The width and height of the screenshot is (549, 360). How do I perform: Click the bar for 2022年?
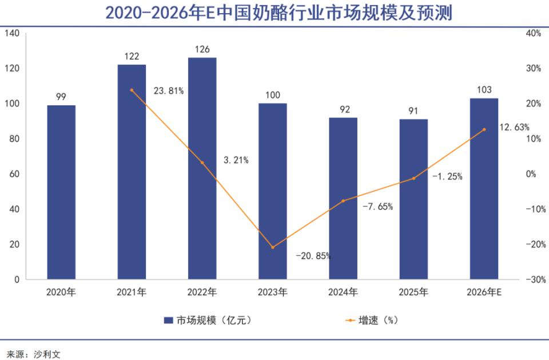(202, 168)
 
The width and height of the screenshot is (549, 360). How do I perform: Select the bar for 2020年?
(61, 192)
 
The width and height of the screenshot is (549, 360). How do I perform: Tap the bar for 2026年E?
(484, 189)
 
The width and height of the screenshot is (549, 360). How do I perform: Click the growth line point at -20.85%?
(273, 247)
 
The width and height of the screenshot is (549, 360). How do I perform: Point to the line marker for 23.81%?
(132, 90)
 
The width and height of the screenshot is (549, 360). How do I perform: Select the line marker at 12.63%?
(484, 129)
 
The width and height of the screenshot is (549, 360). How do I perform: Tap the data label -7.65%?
(377, 207)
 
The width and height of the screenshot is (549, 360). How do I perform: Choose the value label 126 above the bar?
(202, 49)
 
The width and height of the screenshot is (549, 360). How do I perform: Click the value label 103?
(484, 90)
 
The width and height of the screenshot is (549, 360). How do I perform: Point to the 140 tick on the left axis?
(12, 33)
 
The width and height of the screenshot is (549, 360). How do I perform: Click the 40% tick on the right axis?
(533, 33)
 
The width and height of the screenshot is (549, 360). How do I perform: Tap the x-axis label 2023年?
(273, 293)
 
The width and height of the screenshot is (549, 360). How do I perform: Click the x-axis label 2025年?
(413, 293)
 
